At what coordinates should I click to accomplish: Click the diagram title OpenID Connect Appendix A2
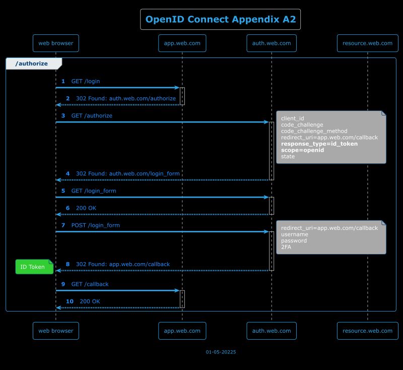[x=220, y=20]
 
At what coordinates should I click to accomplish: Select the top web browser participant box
[x=55, y=43]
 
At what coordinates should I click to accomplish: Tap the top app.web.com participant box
[x=182, y=43]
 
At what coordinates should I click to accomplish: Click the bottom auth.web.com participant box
[x=272, y=331]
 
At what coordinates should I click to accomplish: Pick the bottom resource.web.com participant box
[x=367, y=331]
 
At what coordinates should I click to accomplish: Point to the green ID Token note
[x=33, y=267]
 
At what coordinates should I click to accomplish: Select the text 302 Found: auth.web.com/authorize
[x=126, y=98]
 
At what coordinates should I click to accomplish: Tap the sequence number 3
[x=63, y=115]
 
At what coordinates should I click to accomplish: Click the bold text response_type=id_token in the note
[x=319, y=144]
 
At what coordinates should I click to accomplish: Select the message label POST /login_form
[x=95, y=225]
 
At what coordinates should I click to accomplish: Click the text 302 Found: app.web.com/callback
[x=122, y=264]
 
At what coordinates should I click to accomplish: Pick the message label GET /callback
[x=90, y=284]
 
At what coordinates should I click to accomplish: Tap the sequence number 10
[x=70, y=301]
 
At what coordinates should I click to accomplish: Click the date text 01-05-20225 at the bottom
[x=221, y=352]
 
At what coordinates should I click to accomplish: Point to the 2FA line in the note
[x=286, y=247]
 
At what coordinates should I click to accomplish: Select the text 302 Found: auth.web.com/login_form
[x=127, y=173]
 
